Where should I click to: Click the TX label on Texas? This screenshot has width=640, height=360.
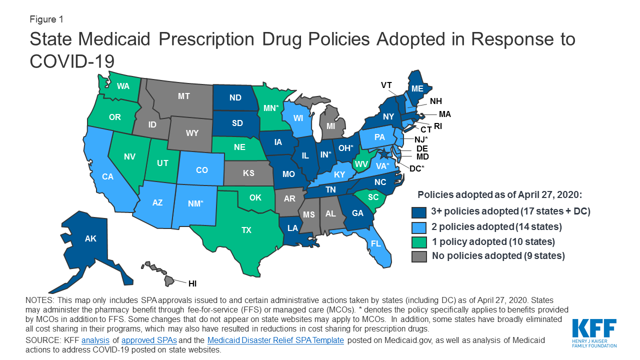click(246, 230)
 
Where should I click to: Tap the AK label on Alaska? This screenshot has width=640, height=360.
click(90, 239)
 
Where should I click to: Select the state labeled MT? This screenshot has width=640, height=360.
click(184, 96)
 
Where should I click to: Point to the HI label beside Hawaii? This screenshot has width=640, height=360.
click(192, 283)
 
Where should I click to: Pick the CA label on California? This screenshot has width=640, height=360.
click(107, 176)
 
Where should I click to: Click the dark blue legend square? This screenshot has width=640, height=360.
click(419, 211)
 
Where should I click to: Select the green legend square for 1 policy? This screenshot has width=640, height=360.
click(419, 241)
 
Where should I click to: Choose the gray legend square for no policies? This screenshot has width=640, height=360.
click(419, 256)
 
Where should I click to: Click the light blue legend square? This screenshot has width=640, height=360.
click(419, 226)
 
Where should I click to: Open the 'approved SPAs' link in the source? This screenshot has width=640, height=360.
click(149, 340)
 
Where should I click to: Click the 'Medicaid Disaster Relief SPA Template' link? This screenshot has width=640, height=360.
click(275, 340)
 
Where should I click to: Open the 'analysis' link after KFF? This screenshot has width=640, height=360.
click(95, 340)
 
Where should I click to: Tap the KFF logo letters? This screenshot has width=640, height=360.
click(594, 329)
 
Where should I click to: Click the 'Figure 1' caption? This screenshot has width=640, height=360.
click(46, 19)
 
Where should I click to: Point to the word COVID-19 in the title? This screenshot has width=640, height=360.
click(72, 61)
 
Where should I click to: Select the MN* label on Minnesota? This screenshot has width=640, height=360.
click(270, 107)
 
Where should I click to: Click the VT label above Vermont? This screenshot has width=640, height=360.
click(386, 85)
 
